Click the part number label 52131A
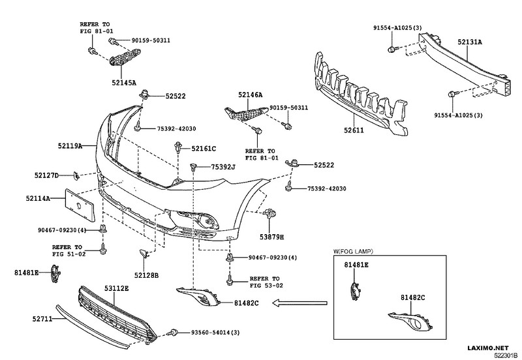[x=469, y=42]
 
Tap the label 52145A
[x=123, y=83]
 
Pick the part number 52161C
[x=204, y=149]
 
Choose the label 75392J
[x=223, y=168]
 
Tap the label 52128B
[x=147, y=275]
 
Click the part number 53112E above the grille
[x=115, y=288]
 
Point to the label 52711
[x=44, y=319]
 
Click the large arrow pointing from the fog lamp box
[x=293, y=302]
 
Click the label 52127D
[x=46, y=175]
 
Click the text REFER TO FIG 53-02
[x=264, y=281]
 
